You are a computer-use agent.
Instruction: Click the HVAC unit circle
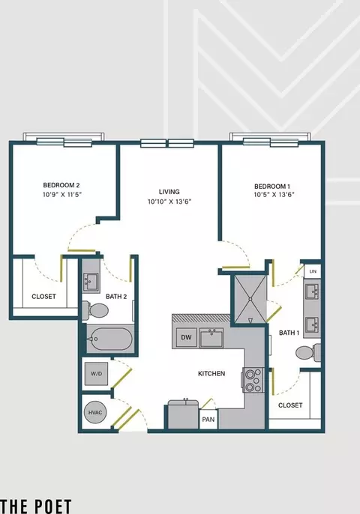click(95, 412)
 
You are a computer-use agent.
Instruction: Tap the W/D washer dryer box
click(96, 374)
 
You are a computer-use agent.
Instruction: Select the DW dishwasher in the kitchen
click(186, 337)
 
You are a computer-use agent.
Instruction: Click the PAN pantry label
click(208, 420)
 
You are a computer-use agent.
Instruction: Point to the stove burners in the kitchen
click(253, 380)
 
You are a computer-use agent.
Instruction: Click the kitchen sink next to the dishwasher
click(211, 338)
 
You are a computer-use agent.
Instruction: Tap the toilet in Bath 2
click(95, 309)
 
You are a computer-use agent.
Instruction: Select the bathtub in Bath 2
click(110, 339)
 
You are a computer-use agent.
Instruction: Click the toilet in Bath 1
click(308, 353)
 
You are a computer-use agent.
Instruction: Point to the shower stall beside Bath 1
click(250, 299)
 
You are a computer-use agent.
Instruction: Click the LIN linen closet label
click(313, 271)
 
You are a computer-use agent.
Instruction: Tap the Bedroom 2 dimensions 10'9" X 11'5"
click(62, 194)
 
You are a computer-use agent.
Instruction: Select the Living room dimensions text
click(169, 202)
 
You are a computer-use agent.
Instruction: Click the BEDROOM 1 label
click(272, 187)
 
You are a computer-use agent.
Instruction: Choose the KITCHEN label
click(211, 373)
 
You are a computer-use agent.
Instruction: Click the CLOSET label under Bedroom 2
click(43, 297)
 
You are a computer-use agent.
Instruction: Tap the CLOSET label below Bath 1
click(290, 405)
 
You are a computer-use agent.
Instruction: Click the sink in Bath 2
click(90, 281)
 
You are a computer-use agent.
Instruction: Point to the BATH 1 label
click(289, 333)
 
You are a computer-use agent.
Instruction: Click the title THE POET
click(36, 507)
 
